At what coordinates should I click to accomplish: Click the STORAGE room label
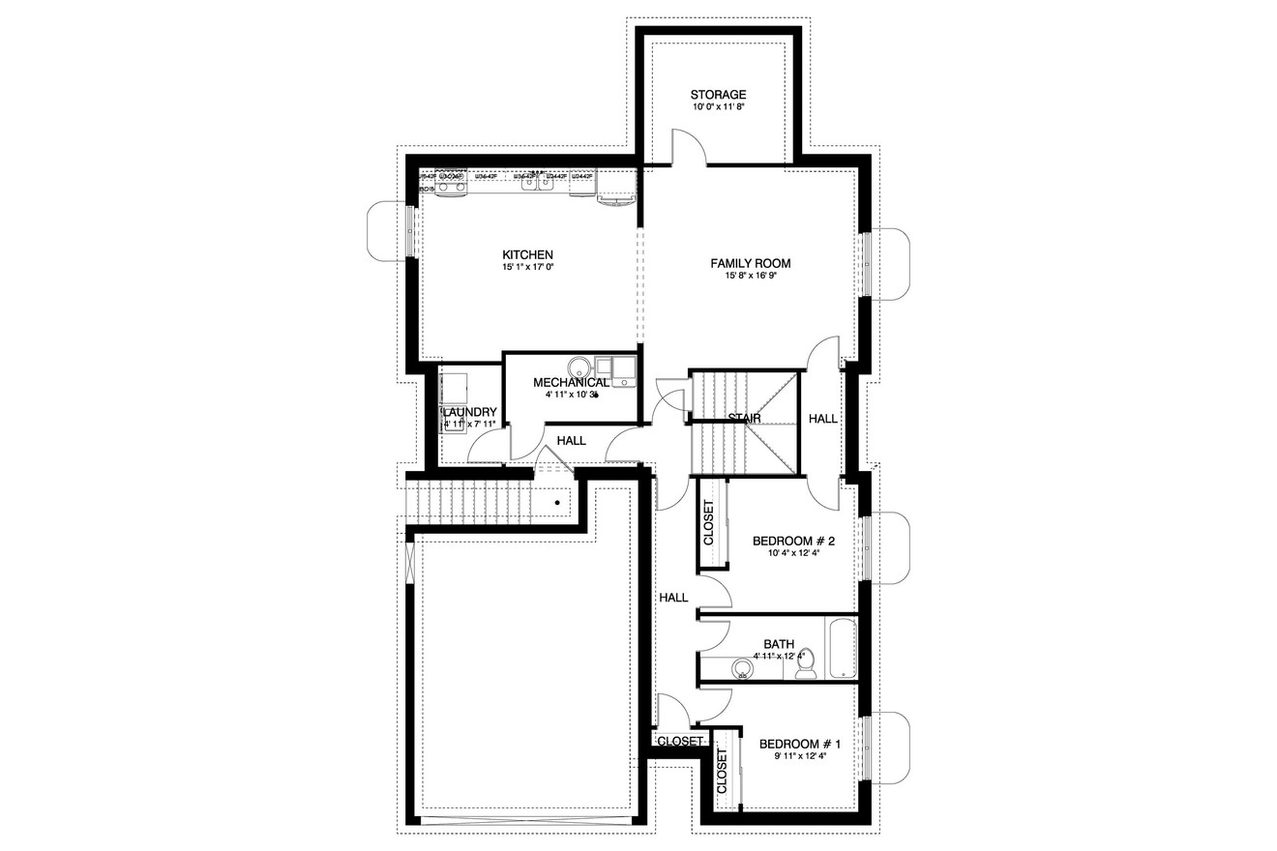[x=718, y=95]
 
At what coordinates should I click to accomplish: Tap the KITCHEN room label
[x=527, y=254]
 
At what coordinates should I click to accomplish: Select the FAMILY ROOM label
[x=751, y=263]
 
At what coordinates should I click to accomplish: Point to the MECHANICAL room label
[x=571, y=383]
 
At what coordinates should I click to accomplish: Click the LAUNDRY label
[x=470, y=412]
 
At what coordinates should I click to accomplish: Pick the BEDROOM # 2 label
[x=793, y=541]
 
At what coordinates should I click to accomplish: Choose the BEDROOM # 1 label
[x=800, y=744]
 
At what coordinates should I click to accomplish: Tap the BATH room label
[x=779, y=643]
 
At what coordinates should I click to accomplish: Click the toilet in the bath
[x=806, y=664]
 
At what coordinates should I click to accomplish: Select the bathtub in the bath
[x=841, y=647]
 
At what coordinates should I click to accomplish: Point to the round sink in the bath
[x=743, y=667]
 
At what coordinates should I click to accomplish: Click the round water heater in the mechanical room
[x=579, y=368]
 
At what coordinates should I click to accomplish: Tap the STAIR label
[x=744, y=418]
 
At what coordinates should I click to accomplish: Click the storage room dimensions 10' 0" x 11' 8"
[x=718, y=107]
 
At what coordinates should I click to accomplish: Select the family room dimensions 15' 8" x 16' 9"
[x=752, y=276]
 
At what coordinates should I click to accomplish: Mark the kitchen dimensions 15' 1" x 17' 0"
[x=527, y=267]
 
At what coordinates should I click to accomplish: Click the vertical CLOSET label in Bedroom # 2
[x=708, y=522]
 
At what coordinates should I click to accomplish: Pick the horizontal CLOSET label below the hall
[x=680, y=741]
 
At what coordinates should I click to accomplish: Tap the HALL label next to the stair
[x=823, y=419]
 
